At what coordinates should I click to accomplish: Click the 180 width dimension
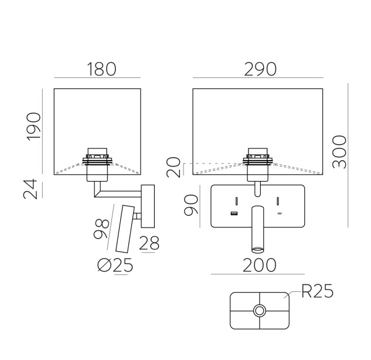(101, 69)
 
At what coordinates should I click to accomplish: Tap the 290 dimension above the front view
(260, 69)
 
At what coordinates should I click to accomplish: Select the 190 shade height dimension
(33, 127)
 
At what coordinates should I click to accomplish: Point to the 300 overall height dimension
(339, 152)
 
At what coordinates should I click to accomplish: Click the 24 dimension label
(30, 189)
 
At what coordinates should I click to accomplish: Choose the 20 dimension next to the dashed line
(173, 167)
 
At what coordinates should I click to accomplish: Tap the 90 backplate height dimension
(191, 205)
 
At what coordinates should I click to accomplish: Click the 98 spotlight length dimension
(101, 229)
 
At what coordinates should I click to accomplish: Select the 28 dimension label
(149, 243)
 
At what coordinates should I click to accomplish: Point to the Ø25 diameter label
(115, 265)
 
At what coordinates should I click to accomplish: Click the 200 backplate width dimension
(259, 265)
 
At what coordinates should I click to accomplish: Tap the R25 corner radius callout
(318, 291)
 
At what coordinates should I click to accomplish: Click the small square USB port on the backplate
(234, 213)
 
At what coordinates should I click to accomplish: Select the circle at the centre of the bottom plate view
(259, 310)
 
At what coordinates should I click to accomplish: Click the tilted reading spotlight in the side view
(125, 229)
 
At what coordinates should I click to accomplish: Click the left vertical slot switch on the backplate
(237, 201)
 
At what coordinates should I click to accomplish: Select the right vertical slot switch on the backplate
(278, 201)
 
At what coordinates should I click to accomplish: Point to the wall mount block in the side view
(148, 206)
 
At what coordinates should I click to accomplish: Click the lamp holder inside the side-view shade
(97, 165)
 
